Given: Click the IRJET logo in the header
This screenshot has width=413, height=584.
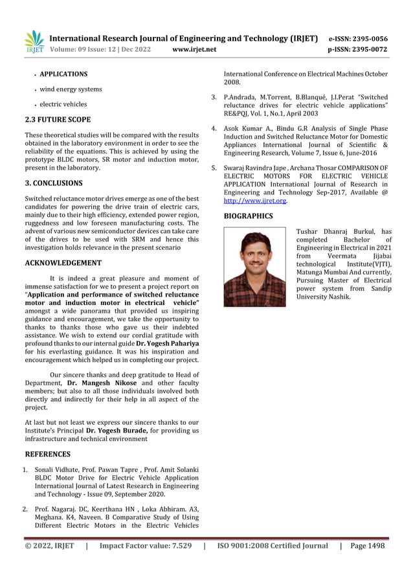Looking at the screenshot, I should coord(34,41).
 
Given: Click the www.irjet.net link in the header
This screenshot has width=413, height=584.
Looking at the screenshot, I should coord(195,49).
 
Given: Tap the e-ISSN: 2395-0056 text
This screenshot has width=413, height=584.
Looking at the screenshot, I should coord(358,38).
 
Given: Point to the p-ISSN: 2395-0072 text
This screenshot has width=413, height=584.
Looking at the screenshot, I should coord(358,49).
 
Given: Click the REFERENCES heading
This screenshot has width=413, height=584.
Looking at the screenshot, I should coord(47,454).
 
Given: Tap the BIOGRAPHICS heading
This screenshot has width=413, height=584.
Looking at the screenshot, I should coord(248,216).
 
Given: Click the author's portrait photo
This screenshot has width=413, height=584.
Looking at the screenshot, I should coord(254,267).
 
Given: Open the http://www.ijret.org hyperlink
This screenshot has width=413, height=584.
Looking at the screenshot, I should coord(255,201).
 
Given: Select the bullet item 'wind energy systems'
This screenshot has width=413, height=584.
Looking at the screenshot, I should coord(71,89).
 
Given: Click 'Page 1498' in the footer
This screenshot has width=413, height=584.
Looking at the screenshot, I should coord(367,546).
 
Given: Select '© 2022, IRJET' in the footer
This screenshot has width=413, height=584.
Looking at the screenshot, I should coord(49,546).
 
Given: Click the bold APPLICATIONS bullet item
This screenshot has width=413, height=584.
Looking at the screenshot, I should coord(63,74).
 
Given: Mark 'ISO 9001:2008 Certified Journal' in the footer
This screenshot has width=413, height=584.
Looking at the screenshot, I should coord(273,546).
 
